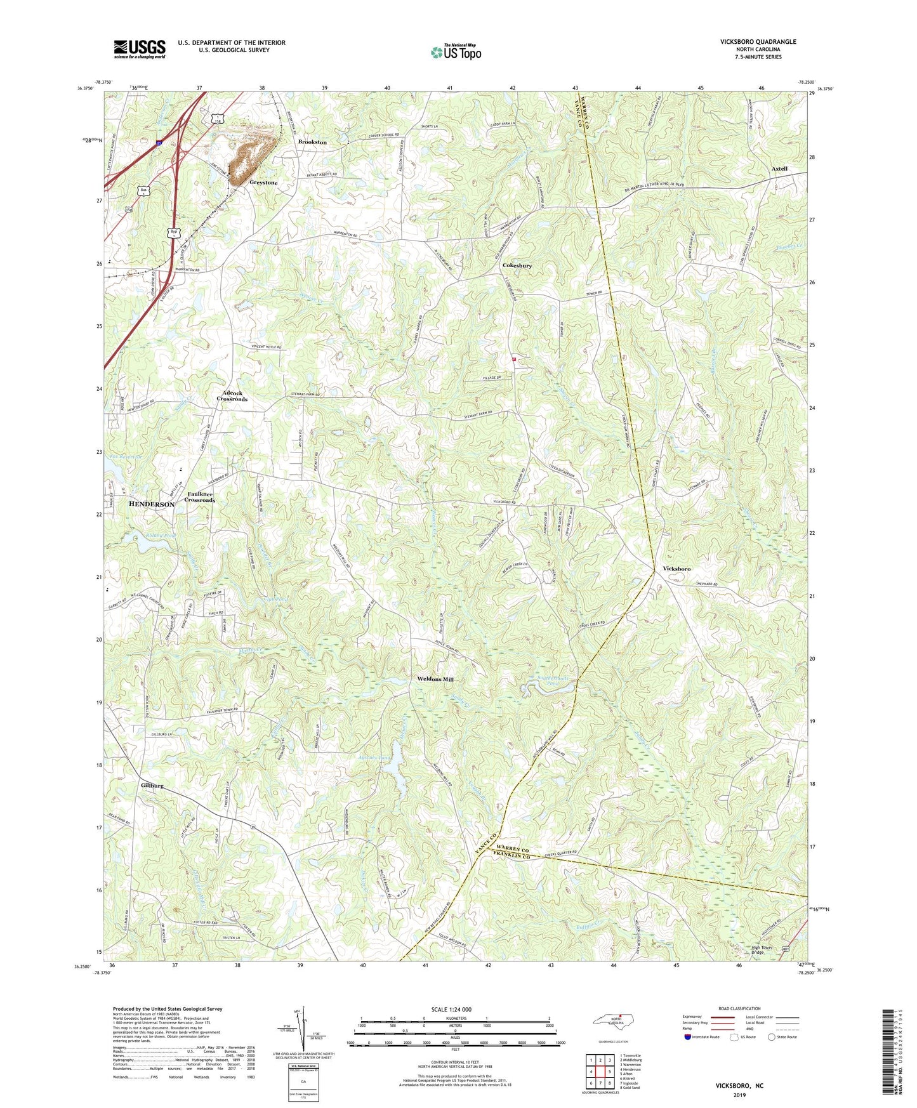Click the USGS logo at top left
coord(140,49)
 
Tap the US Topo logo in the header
coord(455,52)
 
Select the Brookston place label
coord(312,142)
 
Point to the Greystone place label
coord(263,183)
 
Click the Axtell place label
coord(779,169)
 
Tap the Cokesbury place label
coord(517,265)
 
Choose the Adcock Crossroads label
coord(232,396)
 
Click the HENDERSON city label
coord(152,504)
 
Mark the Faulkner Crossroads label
coord(200,497)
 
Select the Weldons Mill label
coord(435,680)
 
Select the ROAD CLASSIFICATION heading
coord(739,1008)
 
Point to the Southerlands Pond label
coord(539,682)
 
